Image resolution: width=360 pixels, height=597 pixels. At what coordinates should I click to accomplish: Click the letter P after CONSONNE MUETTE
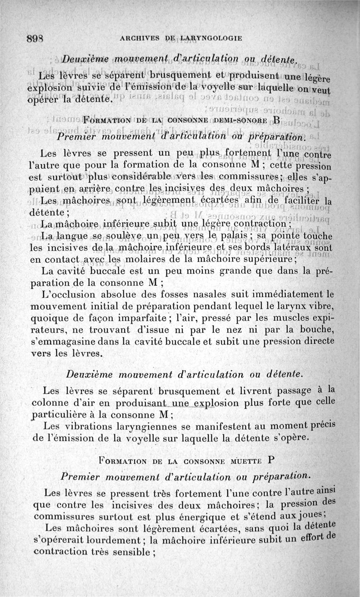pos(270,460)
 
